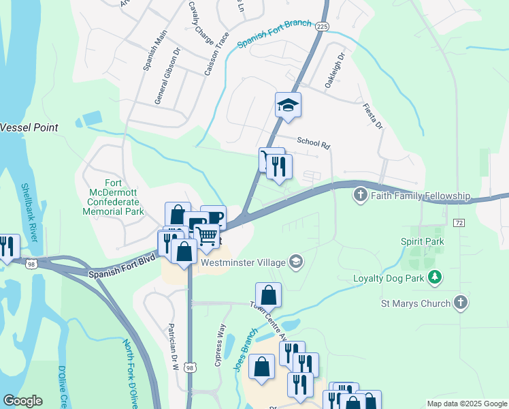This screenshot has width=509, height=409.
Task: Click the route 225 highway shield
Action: click(323, 25)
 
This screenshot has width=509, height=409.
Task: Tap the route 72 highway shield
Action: click(459, 223)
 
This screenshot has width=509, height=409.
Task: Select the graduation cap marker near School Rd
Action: click(288, 106)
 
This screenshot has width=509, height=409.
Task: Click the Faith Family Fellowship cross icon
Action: click(361, 196)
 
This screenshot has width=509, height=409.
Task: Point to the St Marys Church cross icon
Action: click(461, 303)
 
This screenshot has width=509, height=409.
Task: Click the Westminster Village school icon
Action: click(296, 260)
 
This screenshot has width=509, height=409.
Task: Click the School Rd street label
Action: click(313, 143)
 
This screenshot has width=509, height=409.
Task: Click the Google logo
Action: click(22, 401)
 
